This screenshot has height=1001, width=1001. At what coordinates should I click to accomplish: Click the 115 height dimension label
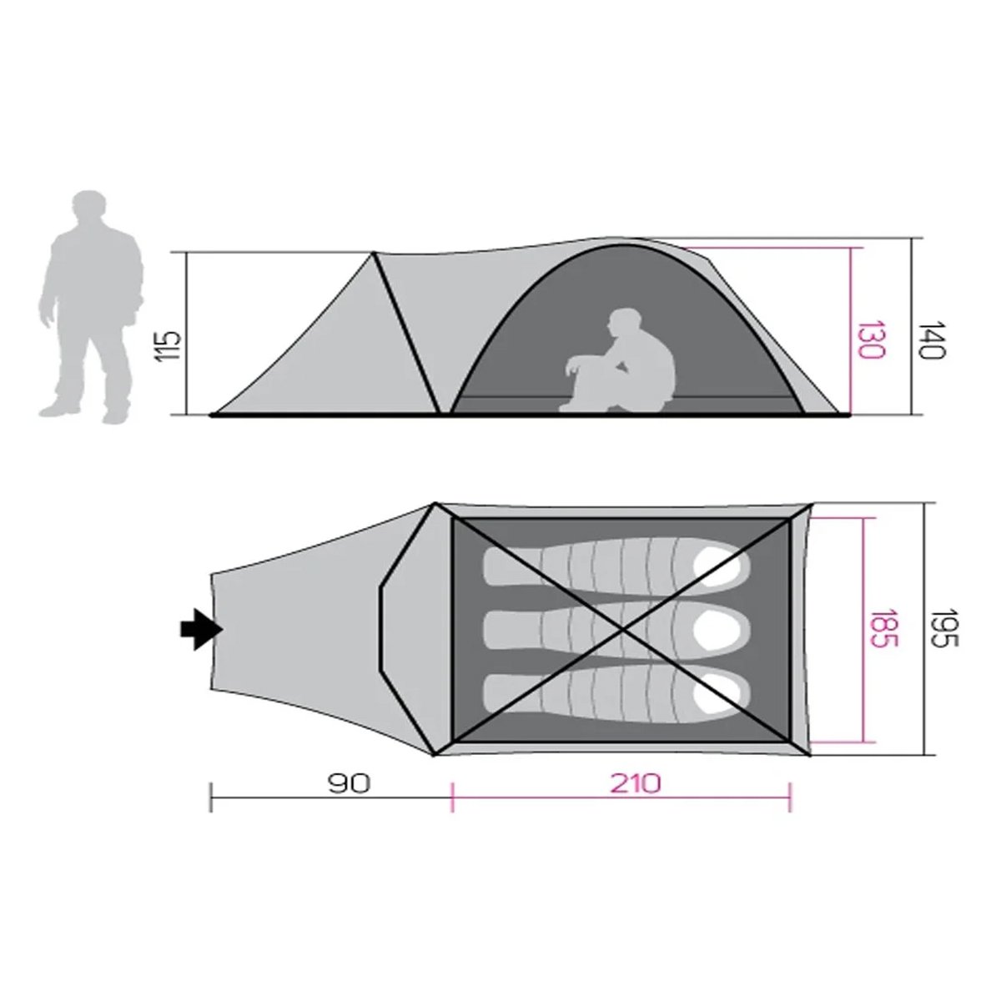[169, 345]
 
